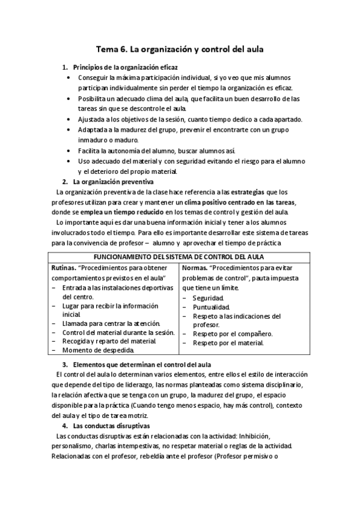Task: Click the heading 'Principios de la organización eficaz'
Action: pyautogui.click(x=125, y=67)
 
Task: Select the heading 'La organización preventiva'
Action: pyautogui.click(x=113, y=181)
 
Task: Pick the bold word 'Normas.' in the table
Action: pyautogui.click(x=195, y=267)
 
